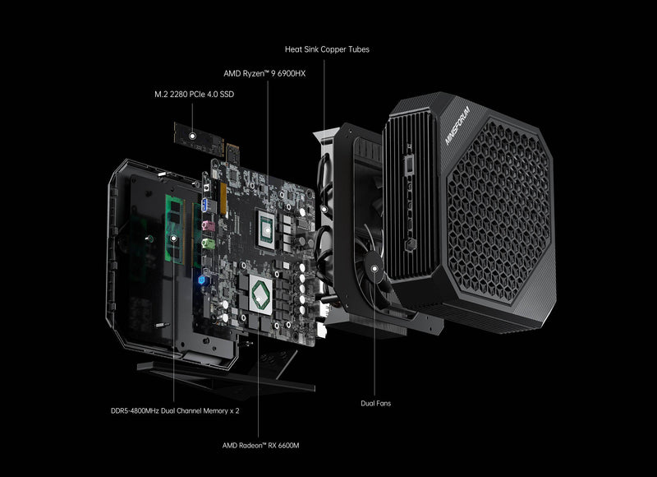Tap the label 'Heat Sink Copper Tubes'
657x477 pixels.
327,49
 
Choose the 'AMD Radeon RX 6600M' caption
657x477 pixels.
259,445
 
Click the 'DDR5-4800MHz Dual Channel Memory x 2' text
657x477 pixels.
175,410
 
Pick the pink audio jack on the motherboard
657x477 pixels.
209,224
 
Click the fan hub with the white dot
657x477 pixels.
374,266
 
